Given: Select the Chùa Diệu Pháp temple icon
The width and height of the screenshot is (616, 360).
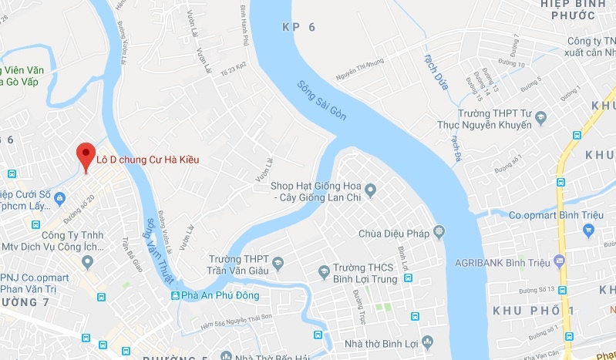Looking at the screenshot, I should tap(439, 230).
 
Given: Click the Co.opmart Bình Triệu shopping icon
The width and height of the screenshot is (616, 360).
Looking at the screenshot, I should tap(589, 230).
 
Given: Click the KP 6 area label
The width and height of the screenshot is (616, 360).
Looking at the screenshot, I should tap(299, 26).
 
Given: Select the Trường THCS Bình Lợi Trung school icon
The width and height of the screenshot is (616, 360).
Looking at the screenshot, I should tap(325, 271).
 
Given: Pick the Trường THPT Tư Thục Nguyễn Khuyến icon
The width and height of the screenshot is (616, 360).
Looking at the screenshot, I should tap(540, 118).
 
